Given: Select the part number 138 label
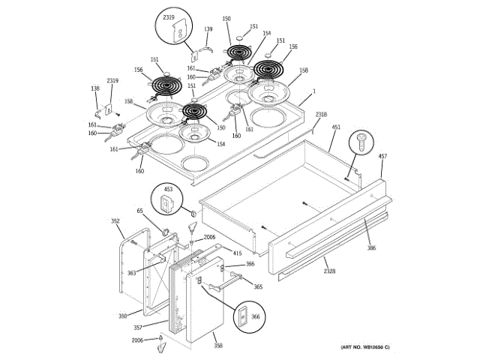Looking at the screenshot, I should (x=95, y=88).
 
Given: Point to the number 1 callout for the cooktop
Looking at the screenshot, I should (x=313, y=91).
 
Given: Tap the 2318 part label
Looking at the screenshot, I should (x=321, y=114).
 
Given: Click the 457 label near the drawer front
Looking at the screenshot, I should (x=382, y=156).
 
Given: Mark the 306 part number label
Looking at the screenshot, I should (x=371, y=248).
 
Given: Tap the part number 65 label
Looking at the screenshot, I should (x=139, y=212).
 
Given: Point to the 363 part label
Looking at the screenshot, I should (x=131, y=273).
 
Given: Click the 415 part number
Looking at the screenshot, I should (x=237, y=253).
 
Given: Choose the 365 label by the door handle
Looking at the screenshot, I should (x=257, y=287).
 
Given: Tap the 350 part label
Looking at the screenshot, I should (x=122, y=316).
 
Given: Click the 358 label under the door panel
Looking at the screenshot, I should (x=218, y=346).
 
